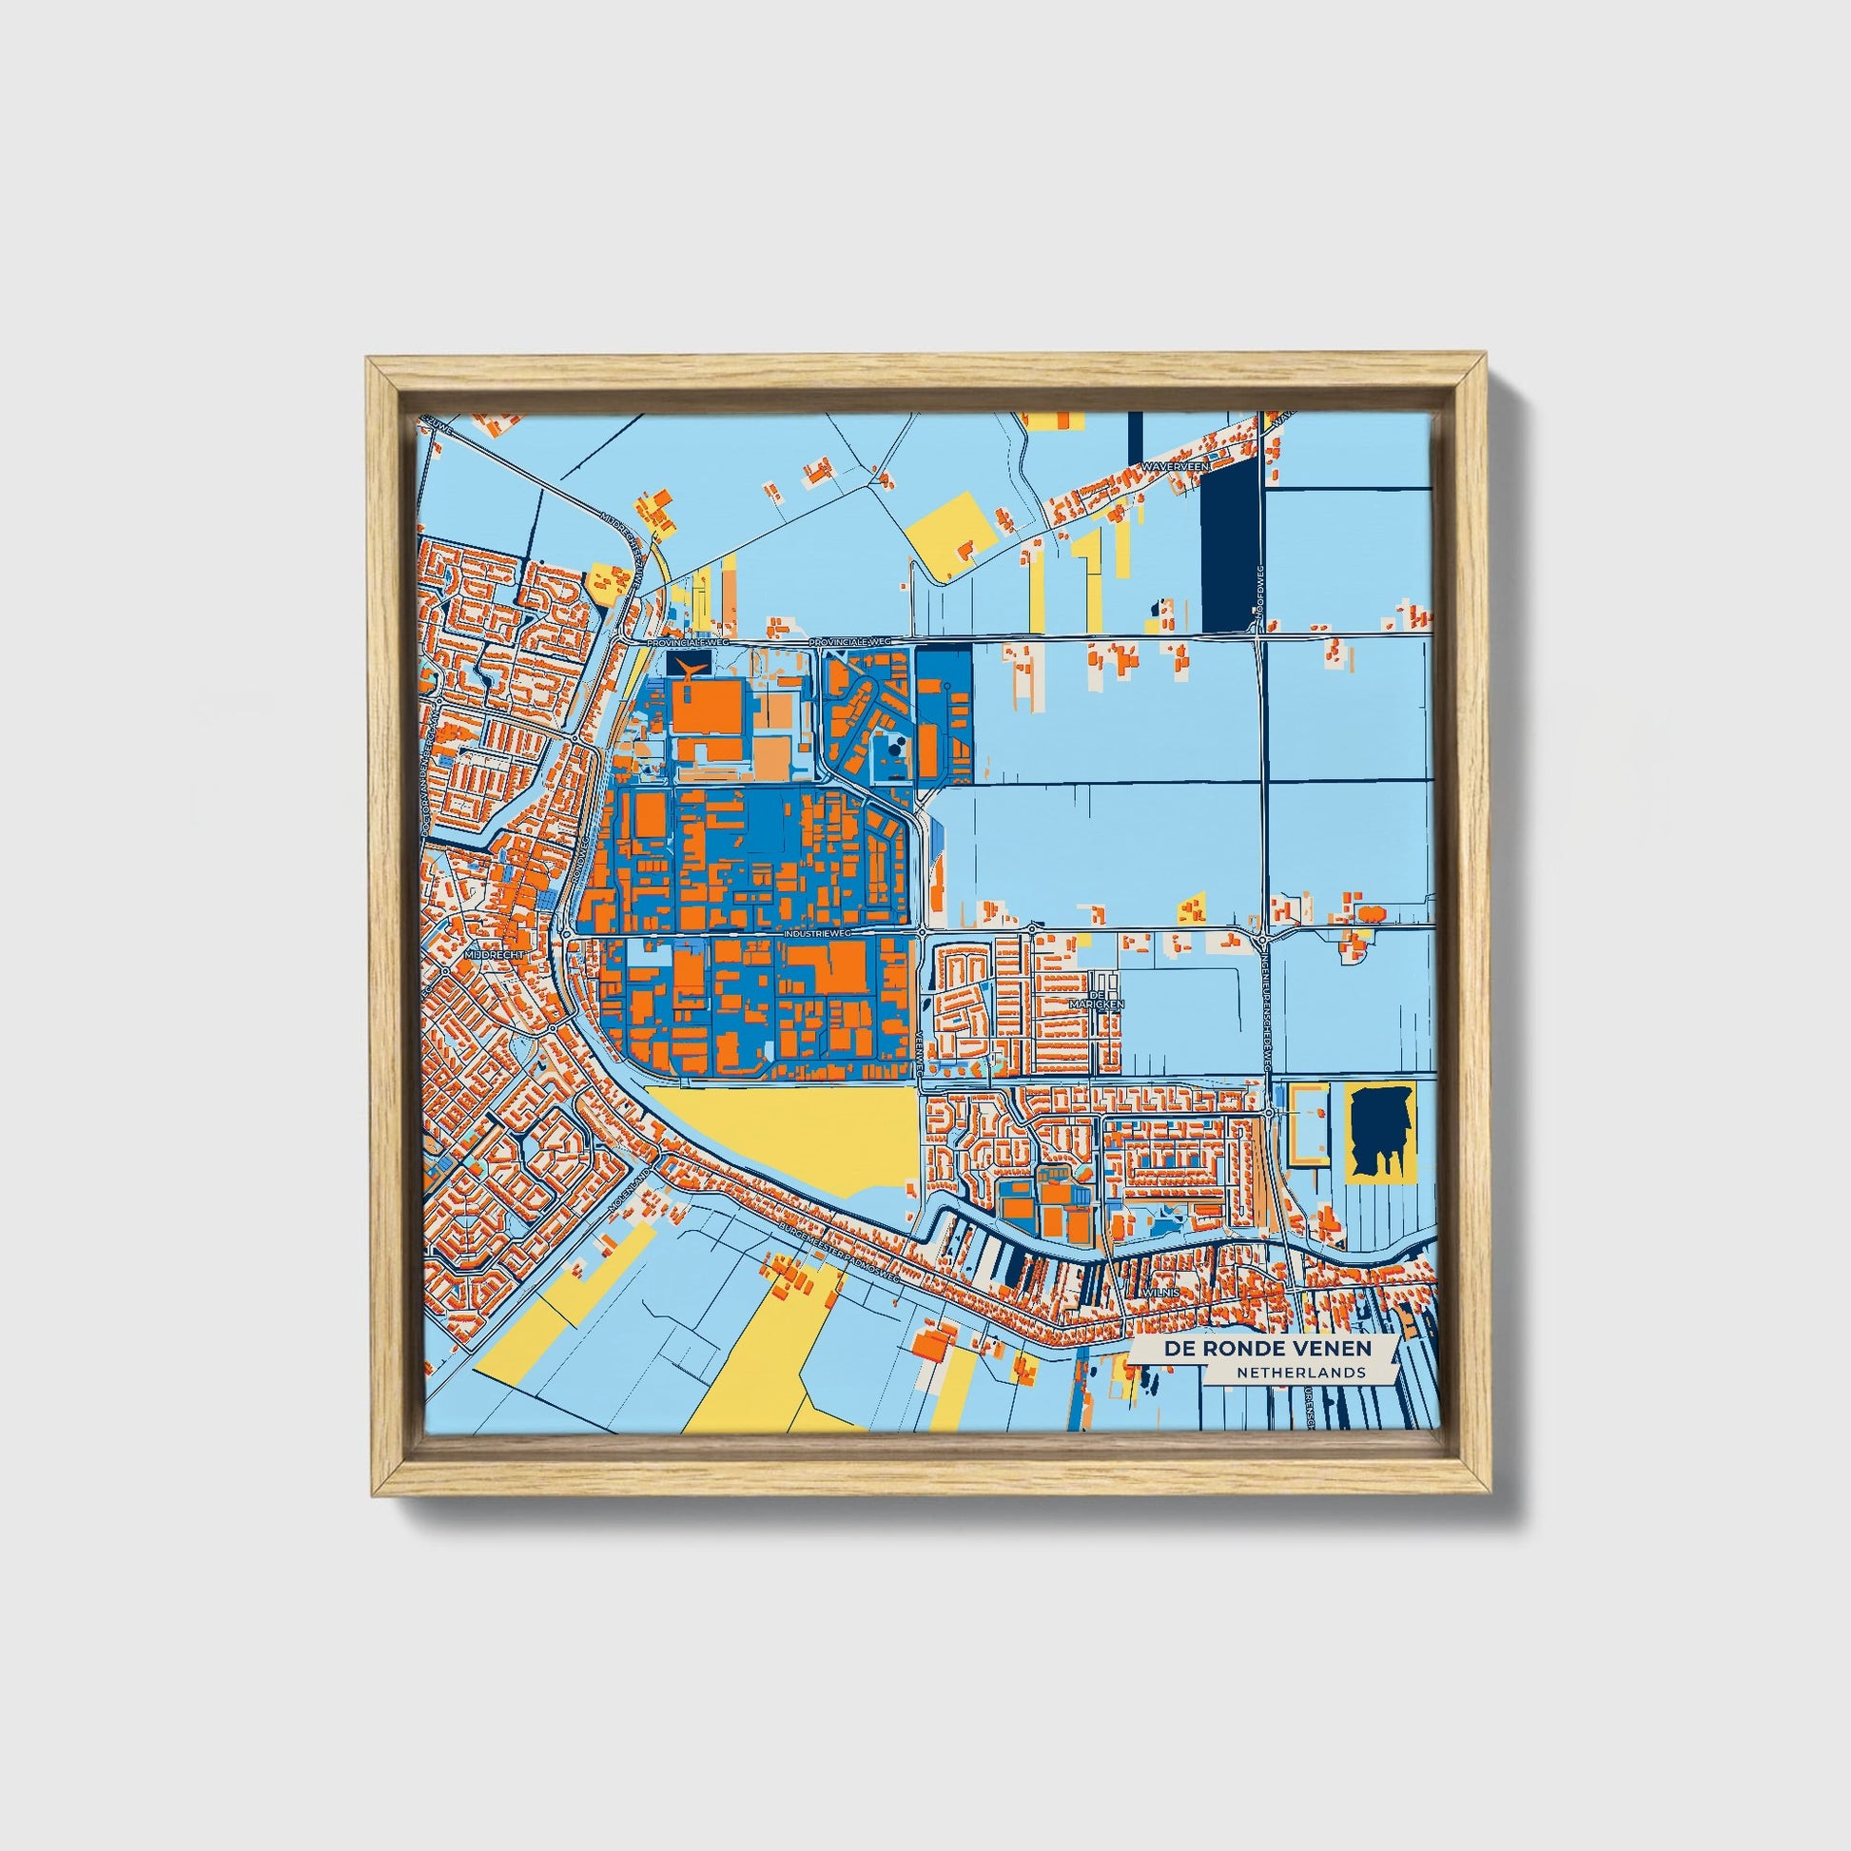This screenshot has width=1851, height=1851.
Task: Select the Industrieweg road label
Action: [x=816, y=931]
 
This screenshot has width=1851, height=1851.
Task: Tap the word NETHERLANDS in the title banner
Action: [x=1300, y=1373]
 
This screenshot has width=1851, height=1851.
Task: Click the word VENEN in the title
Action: [x=1332, y=1348]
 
